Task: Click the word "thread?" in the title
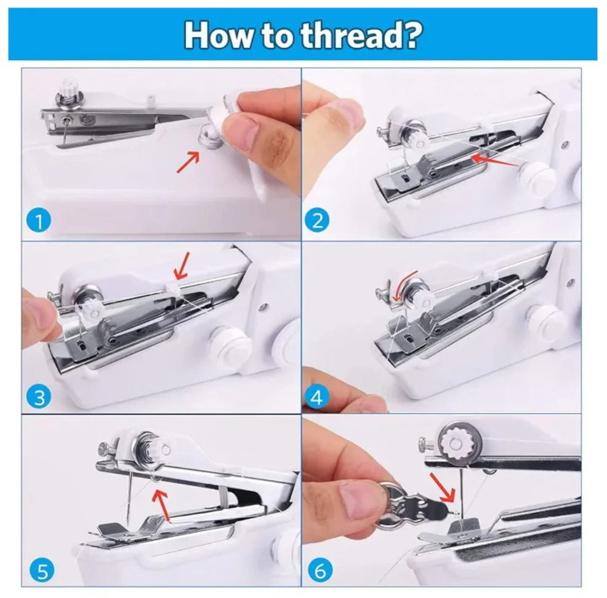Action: pos(361,36)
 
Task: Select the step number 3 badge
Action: pos(39,398)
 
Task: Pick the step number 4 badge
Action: pos(316,398)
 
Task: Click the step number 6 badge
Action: pos(319,572)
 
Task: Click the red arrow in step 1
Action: pos(188,162)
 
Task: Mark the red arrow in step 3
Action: pos(181,265)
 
